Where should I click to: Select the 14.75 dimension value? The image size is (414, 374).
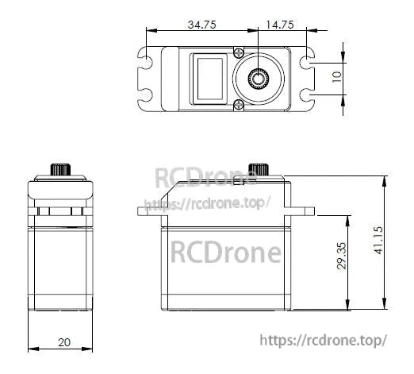click(x=279, y=25)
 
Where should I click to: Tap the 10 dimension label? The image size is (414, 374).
click(x=336, y=78)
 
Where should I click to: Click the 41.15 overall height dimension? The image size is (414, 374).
click(x=379, y=241)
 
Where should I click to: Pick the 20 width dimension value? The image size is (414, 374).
click(x=63, y=342)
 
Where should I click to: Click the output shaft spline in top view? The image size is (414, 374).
click(x=258, y=79)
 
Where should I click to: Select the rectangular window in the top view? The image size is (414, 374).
click(x=209, y=79)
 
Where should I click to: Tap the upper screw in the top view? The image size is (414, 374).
click(x=238, y=52)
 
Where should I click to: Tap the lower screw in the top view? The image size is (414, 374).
click(x=238, y=104)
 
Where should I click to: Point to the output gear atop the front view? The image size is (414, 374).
click(x=59, y=170)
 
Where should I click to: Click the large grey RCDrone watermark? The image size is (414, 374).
click(x=226, y=253)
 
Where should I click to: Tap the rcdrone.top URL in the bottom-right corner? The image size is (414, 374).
click(x=323, y=340)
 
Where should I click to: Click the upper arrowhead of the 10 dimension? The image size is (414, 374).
click(x=343, y=62)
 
